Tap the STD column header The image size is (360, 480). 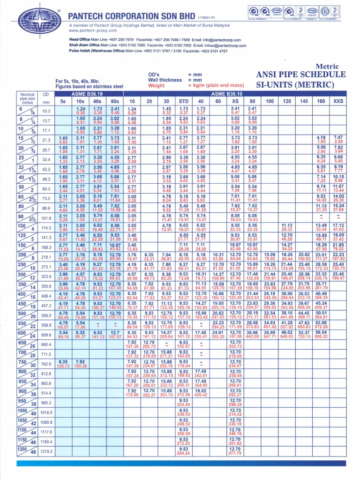[183, 101]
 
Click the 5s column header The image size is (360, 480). [63, 101]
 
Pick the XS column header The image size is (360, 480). [235, 101]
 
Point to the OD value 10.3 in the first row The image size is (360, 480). [46, 111]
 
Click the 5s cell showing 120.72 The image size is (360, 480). [63, 366]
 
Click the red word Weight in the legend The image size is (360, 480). [156, 86]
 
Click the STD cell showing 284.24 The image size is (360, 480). [183, 454]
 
